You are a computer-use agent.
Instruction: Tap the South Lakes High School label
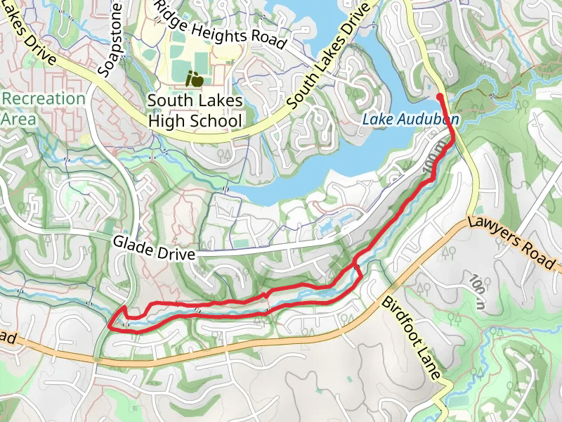click(195, 110)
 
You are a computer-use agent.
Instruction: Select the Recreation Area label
click(43, 108)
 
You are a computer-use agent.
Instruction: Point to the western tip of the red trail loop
click(110, 326)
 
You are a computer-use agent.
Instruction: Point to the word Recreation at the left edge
click(43, 98)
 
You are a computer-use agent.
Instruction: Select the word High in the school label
click(167, 120)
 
